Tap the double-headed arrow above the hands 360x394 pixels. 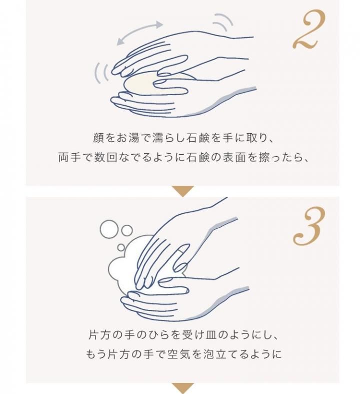tap(139, 33)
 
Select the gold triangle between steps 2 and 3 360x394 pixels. tap(182, 191)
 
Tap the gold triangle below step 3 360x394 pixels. tap(182, 388)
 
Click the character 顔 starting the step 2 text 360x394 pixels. tap(98, 138)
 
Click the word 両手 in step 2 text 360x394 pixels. tap(69, 157)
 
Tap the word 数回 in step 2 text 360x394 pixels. tap(106, 157)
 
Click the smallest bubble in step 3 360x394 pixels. tap(121, 247)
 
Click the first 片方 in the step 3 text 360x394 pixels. tap(100, 335)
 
